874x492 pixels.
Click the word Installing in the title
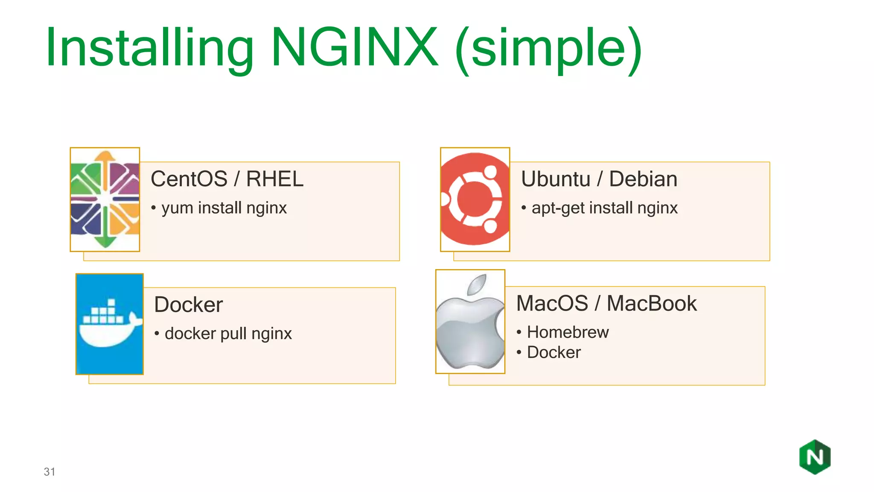tap(149, 48)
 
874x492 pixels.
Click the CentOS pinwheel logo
tap(105, 199)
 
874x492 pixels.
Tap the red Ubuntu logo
tap(475, 199)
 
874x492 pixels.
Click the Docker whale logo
tap(110, 324)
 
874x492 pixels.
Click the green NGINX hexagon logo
tap(815, 457)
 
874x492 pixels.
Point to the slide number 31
tap(50, 472)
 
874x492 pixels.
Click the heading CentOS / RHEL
tap(227, 179)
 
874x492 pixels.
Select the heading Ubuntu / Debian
tap(599, 179)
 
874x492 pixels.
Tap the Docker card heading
tap(189, 305)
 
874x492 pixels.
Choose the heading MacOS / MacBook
tap(606, 304)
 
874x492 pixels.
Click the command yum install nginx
tap(224, 208)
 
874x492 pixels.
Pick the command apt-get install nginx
tap(605, 208)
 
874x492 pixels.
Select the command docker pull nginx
tap(228, 334)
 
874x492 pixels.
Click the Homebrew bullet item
tap(568, 332)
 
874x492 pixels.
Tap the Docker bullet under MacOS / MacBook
tap(554, 352)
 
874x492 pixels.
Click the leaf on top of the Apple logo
tap(477, 285)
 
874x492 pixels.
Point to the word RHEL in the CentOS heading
tap(275, 179)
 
